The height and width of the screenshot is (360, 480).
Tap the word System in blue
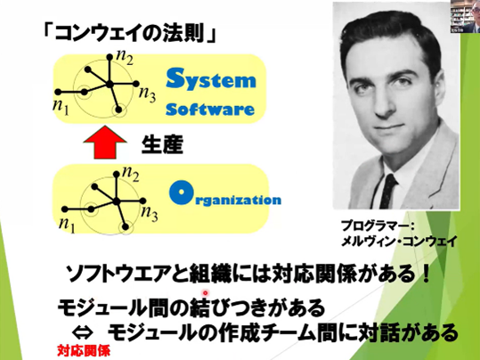coord(210,79)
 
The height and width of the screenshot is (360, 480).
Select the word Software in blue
coord(210,109)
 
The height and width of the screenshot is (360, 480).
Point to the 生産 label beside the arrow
coord(162,144)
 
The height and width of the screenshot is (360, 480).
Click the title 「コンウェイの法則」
coord(130,33)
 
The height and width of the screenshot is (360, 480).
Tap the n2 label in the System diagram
coord(125,57)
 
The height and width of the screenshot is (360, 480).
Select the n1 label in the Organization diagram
coord(67,225)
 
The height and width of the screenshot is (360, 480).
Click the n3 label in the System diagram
coord(147,94)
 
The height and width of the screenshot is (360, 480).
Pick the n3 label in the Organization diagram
coord(150,213)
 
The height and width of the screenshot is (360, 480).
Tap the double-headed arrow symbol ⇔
coord(82,332)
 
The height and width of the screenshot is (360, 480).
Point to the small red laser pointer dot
coord(206,292)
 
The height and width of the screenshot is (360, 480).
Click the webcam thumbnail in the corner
coord(465,16)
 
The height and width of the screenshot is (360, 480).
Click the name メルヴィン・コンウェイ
coord(399,241)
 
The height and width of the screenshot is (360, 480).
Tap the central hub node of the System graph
coord(109,85)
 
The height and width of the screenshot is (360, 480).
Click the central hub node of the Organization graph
coord(116,201)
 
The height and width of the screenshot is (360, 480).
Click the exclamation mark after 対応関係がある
coord(425,274)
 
